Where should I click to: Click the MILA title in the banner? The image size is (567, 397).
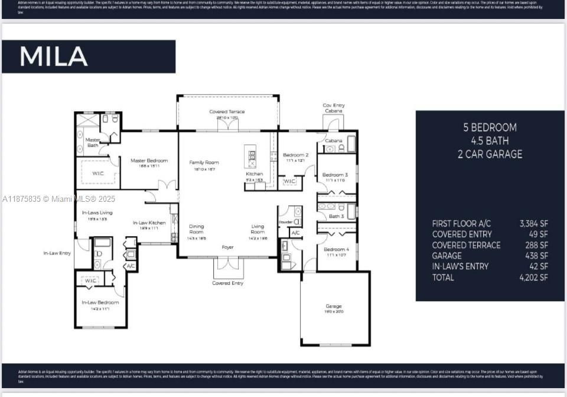pyautogui.click(x=54, y=56)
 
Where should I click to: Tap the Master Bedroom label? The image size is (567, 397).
pyautogui.click(x=149, y=160)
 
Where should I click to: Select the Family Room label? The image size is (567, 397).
pyautogui.click(x=204, y=162)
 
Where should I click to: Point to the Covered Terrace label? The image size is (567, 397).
pyautogui.click(x=227, y=112)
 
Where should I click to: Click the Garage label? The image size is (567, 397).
pyautogui.click(x=334, y=306)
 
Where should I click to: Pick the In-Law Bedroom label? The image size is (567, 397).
pyautogui.click(x=100, y=302)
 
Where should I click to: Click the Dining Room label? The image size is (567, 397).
pyautogui.click(x=197, y=229)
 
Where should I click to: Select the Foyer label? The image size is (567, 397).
pyautogui.click(x=227, y=247)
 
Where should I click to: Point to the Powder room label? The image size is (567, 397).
pyautogui.click(x=285, y=222)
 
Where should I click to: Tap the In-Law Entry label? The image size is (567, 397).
pyautogui.click(x=57, y=253)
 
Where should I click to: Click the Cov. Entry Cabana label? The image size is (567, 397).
pyautogui.click(x=334, y=108)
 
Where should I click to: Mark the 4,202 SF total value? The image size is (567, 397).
pyautogui.click(x=533, y=277)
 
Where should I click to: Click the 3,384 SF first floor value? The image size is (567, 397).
pyautogui.click(x=533, y=224)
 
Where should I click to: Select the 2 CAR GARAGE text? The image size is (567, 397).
pyautogui.click(x=490, y=154)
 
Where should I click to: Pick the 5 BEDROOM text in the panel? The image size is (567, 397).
pyautogui.click(x=490, y=127)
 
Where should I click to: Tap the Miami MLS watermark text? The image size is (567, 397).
pyautogui.click(x=59, y=199)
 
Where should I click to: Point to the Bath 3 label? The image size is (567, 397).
pyautogui.click(x=336, y=217)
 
